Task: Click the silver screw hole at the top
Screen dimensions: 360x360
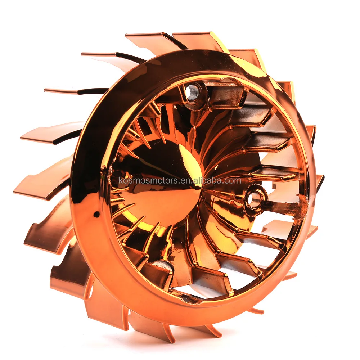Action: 193,92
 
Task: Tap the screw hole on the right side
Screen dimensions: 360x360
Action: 255,199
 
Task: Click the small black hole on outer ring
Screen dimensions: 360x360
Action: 96,215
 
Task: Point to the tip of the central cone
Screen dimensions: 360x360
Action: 198,186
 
